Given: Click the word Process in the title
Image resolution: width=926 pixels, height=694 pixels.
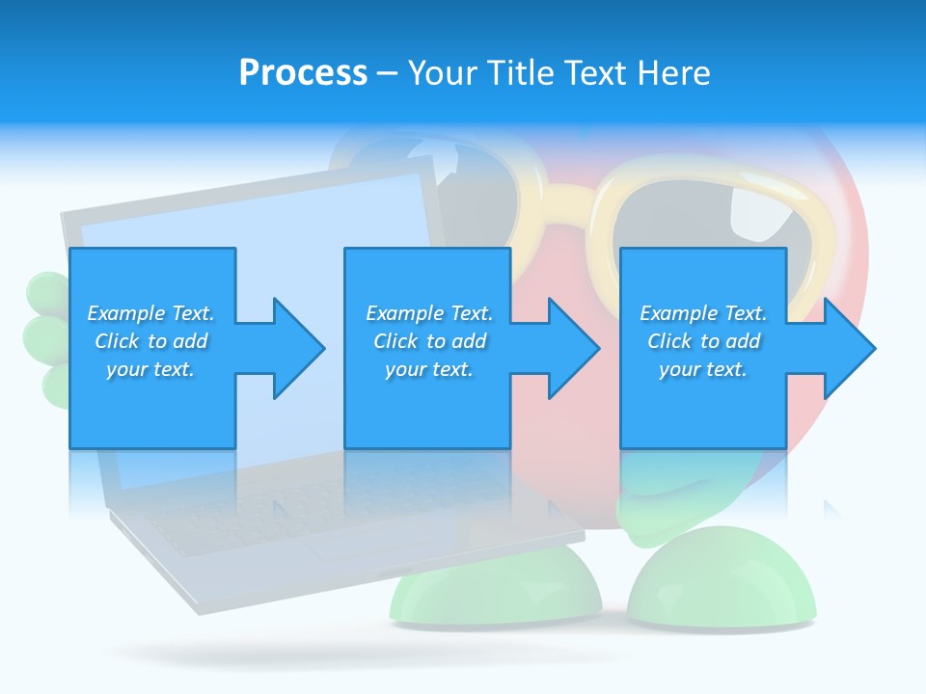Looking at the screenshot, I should click(x=303, y=72).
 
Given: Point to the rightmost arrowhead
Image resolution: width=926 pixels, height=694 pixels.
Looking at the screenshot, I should click(x=848, y=348).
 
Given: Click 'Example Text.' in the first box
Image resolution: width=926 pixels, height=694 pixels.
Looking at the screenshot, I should click(x=150, y=313).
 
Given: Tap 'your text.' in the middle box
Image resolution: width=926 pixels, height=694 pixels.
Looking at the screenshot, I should click(x=428, y=369).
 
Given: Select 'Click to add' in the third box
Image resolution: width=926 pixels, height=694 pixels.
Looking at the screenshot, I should click(x=703, y=341).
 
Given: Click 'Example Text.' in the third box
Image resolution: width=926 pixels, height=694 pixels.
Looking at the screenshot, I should click(x=703, y=313).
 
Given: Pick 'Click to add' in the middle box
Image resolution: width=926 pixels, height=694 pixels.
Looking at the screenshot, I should click(x=428, y=341).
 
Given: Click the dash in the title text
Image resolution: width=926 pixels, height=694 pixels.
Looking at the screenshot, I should click(x=388, y=73).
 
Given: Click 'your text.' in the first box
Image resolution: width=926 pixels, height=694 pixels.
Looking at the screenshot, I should click(x=150, y=369).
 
